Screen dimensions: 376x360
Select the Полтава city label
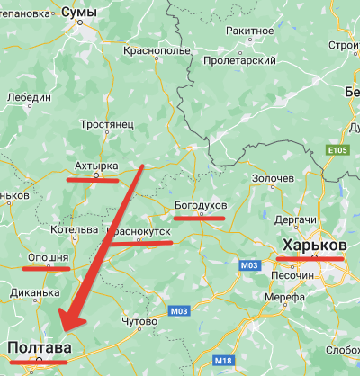[40, 348]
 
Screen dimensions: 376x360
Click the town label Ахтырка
[95, 166]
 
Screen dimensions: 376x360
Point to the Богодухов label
[201, 206]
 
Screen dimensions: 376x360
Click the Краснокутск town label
[139, 231]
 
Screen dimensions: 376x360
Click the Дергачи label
[294, 220]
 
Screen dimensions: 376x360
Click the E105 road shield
[337, 148]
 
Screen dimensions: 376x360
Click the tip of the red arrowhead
[58, 333]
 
